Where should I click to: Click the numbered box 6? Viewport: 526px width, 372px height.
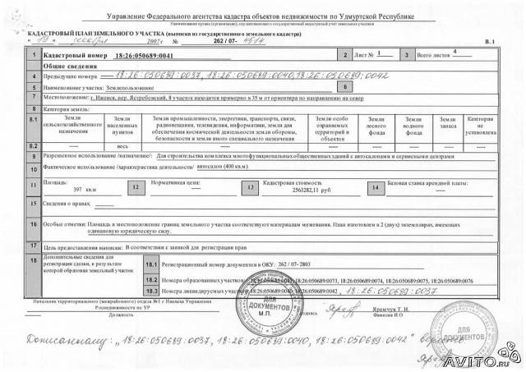tap(345, 85)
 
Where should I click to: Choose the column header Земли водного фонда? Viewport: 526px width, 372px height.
tap(417, 123)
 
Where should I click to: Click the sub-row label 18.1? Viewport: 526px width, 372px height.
tap(150, 267)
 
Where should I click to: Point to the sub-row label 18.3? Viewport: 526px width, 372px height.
tap(150, 290)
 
